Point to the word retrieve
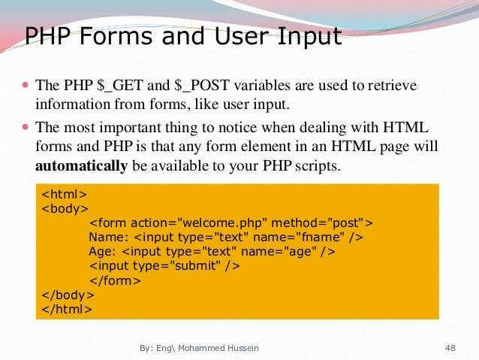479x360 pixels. click(390, 86)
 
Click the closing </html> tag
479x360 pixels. click(67, 309)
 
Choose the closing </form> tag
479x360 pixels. click(115, 280)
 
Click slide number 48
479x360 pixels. click(450, 348)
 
